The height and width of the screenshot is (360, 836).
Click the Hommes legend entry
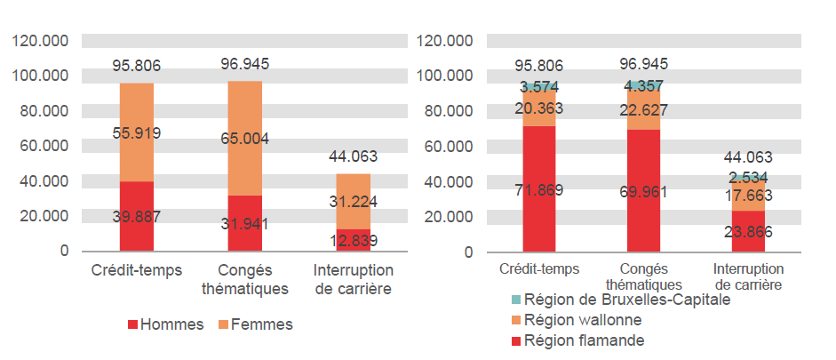coord(164,325)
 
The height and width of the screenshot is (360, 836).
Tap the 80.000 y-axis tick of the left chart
coord(41,111)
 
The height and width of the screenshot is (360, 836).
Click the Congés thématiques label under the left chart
coord(246,279)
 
